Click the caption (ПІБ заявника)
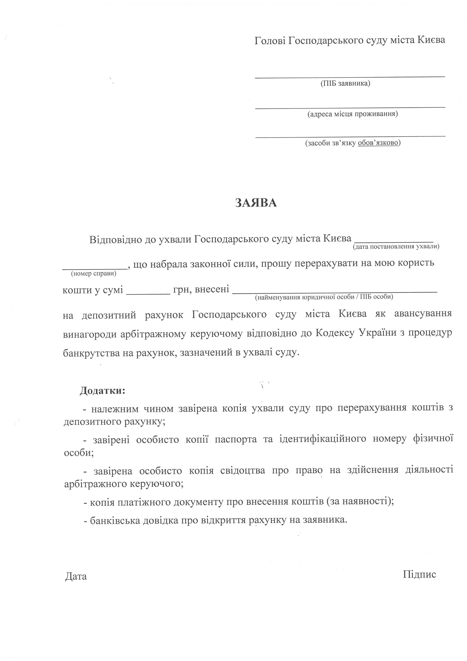point(345,84)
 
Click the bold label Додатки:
point(102,391)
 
